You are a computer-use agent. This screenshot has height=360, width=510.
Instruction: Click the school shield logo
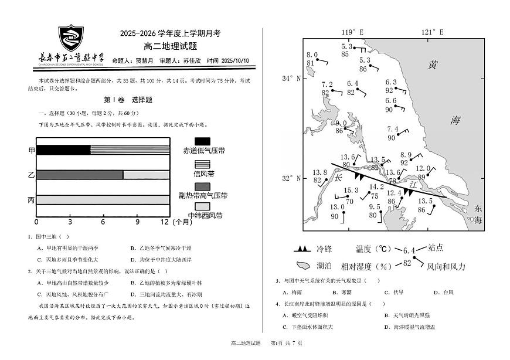tap(72, 38)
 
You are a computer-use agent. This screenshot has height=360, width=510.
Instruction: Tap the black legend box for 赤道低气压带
tap(202, 141)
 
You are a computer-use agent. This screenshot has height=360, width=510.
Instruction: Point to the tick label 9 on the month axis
tap(137, 223)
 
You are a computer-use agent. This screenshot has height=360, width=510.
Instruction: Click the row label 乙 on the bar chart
tap(31, 175)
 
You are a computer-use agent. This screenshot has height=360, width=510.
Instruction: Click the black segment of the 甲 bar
tap(63, 150)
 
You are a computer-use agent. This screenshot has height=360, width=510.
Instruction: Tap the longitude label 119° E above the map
tap(352, 32)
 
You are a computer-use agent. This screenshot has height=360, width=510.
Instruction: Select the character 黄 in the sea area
tap(433, 64)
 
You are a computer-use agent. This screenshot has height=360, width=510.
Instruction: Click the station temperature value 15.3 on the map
tap(351, 190)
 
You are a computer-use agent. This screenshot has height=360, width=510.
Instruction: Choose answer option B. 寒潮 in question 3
tap(342, 292)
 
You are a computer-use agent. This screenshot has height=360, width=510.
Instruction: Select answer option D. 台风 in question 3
tap(444, 292)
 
